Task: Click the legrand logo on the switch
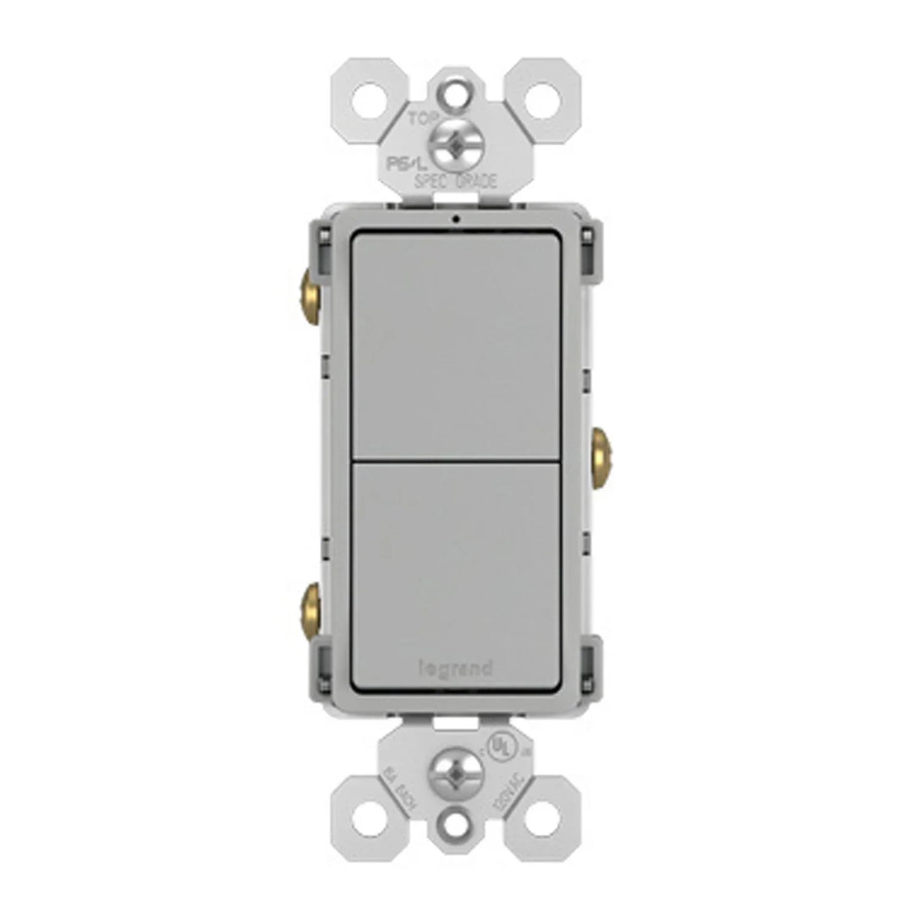[455, 669]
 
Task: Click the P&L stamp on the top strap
[401, 162]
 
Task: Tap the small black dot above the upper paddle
[455, 218]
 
